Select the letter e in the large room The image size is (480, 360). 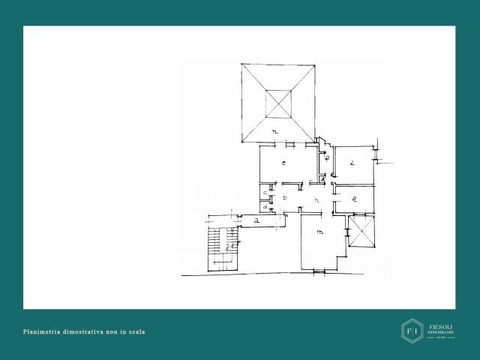point(284,163)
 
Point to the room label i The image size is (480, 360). point(351,163)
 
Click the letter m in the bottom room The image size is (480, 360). point(320,231)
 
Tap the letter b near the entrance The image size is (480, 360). point(285,198)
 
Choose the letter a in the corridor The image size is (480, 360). point(256,220)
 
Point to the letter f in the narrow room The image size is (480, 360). point(327,157)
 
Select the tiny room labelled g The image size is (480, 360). point(322,178)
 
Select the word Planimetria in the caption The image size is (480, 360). point(43,331)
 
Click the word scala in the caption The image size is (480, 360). point(136,331)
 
